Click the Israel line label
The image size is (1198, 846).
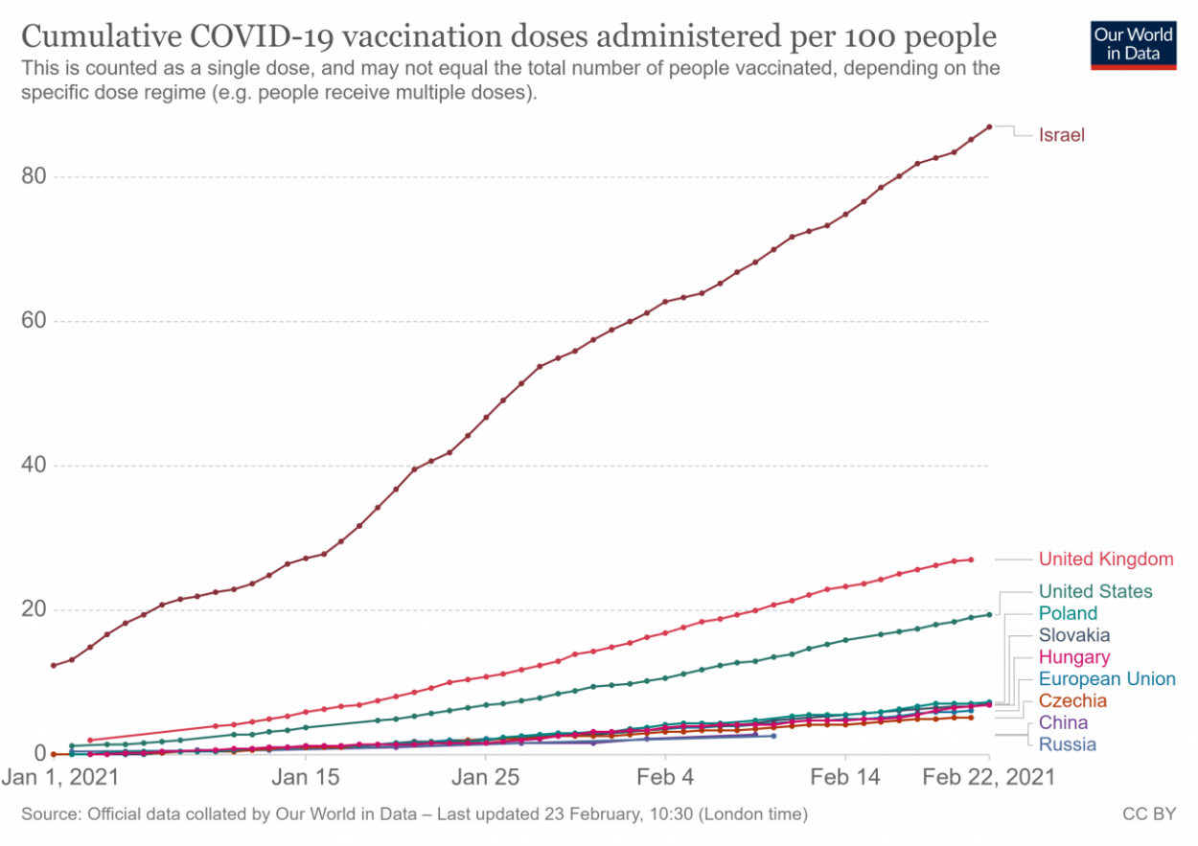(x=1061, y=135)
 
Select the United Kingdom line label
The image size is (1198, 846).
(x=1105, y=559)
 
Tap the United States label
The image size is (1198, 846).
(x=1095, y=591)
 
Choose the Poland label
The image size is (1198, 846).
(x=1068, y=613)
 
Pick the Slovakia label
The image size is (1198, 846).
(x=1074, y=635)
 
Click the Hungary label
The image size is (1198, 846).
(x=1074, y=657)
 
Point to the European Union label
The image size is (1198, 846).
(x=1107, y=679)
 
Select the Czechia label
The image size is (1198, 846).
(x=1071, y=701)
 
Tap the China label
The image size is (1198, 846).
(x=1063, y=723)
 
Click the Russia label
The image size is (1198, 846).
(x=1067, y=744)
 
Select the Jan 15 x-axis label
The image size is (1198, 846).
(x=306, y=777)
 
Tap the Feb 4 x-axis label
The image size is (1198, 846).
(x=665, y=777)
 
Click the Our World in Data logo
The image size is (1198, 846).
(x=1133, y=43)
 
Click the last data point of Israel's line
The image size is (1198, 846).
(x=989, y=126)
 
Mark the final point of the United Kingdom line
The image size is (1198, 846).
(x=971, y=560)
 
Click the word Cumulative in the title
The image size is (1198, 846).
(x=103, y=38)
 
